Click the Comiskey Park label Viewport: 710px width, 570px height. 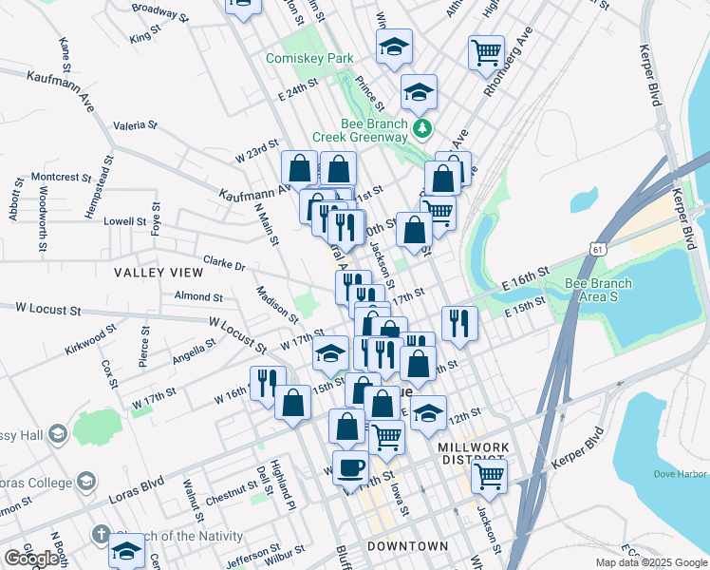(x=309, y=58)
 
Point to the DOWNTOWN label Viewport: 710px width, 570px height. (x=407, y=546)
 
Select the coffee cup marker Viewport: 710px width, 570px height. (x=351, y=467)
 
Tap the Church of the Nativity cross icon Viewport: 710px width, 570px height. (x=100, y=535)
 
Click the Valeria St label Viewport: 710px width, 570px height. (x=135, y=124)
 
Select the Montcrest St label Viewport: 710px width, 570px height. (x=60, y=177)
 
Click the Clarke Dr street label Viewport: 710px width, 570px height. (x=224, y=264)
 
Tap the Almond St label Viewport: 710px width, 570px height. (x=198, y=296)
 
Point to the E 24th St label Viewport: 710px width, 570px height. (x=297, y=96)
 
